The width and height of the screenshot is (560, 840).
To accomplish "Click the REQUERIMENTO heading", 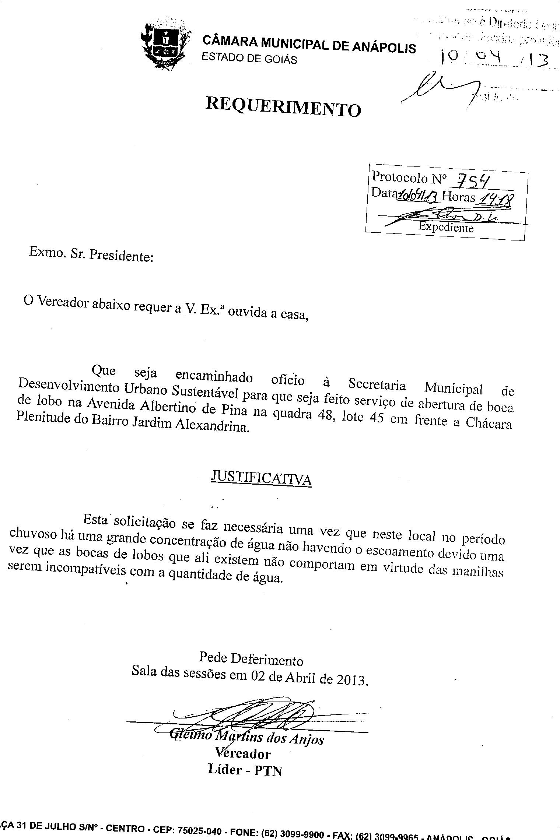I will pos(283,106).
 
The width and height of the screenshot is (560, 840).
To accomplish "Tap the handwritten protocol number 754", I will pos(473,181).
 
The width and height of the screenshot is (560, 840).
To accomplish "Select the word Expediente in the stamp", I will pos(446,227).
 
